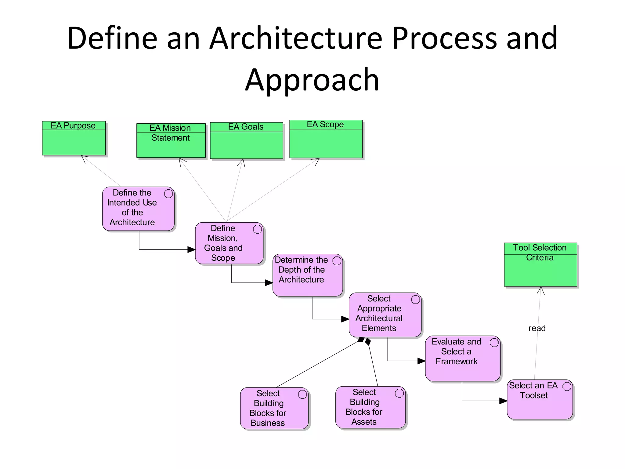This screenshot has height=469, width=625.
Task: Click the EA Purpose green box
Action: click(74, 138)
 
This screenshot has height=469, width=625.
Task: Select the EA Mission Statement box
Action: click(171, 141)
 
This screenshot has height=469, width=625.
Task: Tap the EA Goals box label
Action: click(246, 127)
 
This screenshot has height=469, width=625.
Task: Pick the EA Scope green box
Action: click(326, 139)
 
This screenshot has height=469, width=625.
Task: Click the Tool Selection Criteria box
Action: click(540, 265)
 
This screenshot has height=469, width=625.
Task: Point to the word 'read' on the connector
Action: click(537, 328)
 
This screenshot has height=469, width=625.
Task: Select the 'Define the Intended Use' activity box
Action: click(138, 209)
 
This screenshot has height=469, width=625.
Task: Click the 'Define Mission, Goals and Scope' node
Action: click(229, 243)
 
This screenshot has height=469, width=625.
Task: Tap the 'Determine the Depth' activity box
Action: click(307, 275)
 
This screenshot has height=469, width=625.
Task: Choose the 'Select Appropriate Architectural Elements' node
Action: click(385, 315)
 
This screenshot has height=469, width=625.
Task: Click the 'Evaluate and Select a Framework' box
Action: click(462, 358)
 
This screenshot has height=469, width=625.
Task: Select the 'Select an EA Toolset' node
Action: click(540, 399)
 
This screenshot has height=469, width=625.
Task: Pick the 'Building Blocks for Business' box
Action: click(274, 408)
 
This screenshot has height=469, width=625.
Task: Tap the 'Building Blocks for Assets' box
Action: click(370, 407)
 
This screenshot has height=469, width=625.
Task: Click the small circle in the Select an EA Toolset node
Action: click(567, 387)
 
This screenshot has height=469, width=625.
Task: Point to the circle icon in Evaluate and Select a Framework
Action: click(494, 343)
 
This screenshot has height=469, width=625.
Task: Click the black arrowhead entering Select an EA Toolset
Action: click(503, 401)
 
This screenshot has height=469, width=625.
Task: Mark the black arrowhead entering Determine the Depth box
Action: click(269, 283)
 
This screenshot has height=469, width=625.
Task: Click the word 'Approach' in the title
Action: click(312, 80)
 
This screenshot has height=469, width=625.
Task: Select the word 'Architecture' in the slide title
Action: click(296, 38)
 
